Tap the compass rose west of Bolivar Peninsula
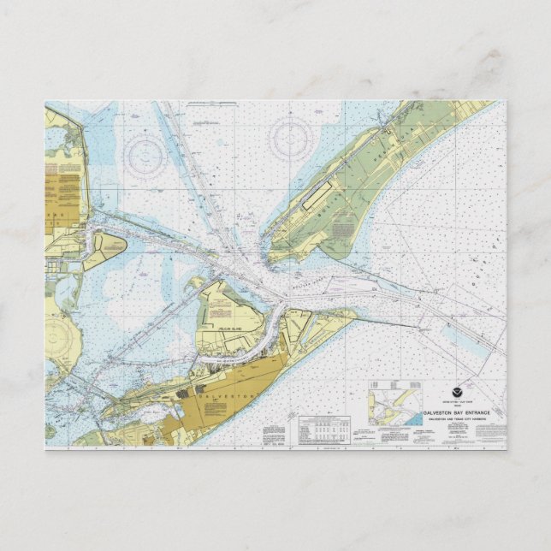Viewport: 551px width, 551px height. tap(290, 137)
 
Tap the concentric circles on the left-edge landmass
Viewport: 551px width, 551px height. tap(56, 336)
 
